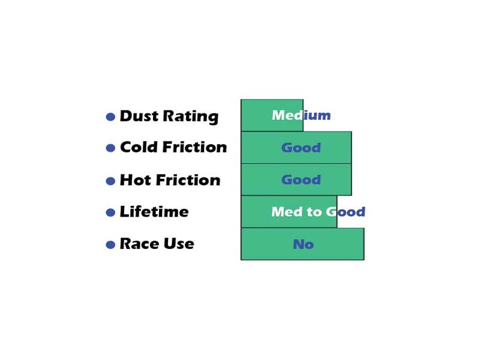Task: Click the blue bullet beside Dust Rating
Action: click(x=110, y=116)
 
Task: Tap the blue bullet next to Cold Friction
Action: click(x=110, y=148)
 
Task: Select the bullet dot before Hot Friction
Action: click(x=110, y=181)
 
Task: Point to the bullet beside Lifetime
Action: click(x=110, y=212)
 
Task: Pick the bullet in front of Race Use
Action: click(x=110, y=245)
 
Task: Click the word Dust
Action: click(x=139, y=116)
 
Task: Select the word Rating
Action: click(x=190, y=117)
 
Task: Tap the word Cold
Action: click(x=139, y=147)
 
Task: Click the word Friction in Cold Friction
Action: click(x=194, y=147)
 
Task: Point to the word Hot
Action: click(x=136, y=180)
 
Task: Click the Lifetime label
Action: click(x=154, y=212)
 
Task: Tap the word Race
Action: click(x=139, y=244)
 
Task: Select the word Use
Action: click(x=179, y=244)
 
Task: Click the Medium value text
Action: click(x=301, y=115)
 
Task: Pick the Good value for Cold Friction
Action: click(x=301, y=148)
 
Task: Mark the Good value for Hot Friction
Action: click(x=301, y=179)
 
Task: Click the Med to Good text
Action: click(x=319, y=212)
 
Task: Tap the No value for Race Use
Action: click(x=304, y=244)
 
